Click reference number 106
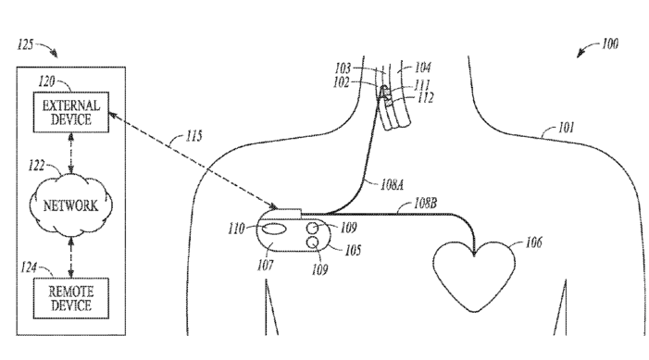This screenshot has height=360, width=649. pyautogui.click(x=533, y=242)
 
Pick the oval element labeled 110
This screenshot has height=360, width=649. pyautogui.click(x=272, y=229)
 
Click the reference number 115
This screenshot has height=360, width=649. pyautogui.click(x=193, y=136)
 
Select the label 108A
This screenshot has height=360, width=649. pyautogui.click(x=392, y=184)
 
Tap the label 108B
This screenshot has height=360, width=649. pyautogui.click(x=425, y=204)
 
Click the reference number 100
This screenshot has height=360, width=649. pyautogui.click(x=610, y=43)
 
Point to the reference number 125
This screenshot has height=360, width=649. pyautogui.click(x=25, y=44)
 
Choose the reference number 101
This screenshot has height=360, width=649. pyautogui.click(x=567, y=127)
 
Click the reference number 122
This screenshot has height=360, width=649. pyautogui.click(x=36, y=166)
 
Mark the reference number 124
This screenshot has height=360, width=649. pyautogui.click(x=29, y=267)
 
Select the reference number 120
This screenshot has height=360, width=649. pyautogui.click(x=46, y=81)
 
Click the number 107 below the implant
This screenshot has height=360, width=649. pyautogui.click(x=266, y=265)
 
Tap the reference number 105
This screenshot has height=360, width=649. pyautogui.click(x=353, y=250)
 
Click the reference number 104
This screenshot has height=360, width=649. pyautogui.click(x=422, y=67)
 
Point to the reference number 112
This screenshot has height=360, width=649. pyautogui.click(x=426, y=98)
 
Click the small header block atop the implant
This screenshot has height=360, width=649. pyautogui.click(x=289, y=213)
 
